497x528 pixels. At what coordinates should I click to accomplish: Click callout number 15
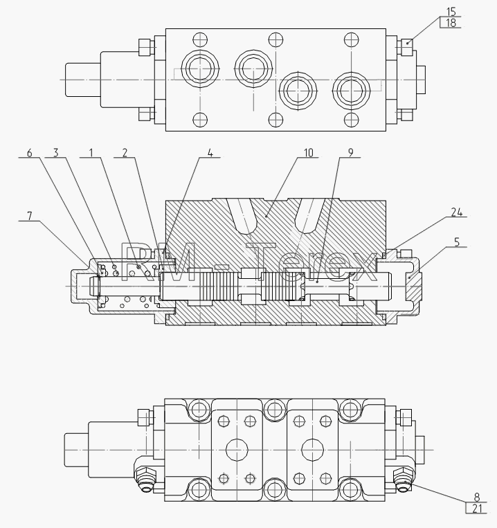click(451, 12)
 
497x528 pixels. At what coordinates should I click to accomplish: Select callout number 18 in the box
click(451, 23)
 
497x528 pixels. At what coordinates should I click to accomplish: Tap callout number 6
click(29, 153)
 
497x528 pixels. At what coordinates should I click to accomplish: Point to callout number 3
click(56, 153)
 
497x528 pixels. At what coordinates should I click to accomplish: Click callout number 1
click(91, 153)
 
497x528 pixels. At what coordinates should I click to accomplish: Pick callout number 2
click(125, 153)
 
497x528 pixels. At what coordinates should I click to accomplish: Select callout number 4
click(210, 153)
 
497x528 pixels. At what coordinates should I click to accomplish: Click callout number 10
click(309, 153)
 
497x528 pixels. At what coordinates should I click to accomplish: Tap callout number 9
click(351, 153)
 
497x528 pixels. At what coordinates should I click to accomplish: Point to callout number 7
click(30, 216)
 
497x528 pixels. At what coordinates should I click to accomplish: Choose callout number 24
click(457, 212)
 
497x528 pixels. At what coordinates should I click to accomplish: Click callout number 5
click(457, 242)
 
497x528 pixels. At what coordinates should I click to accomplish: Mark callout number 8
click(477, 497)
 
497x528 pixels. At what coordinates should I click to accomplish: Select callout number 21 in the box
click(477, 508)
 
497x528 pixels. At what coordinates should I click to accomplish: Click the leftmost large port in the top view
click(200, 69)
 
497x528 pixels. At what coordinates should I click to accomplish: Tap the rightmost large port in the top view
click(351, 90)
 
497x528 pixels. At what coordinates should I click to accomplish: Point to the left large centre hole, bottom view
click(237, 450)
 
